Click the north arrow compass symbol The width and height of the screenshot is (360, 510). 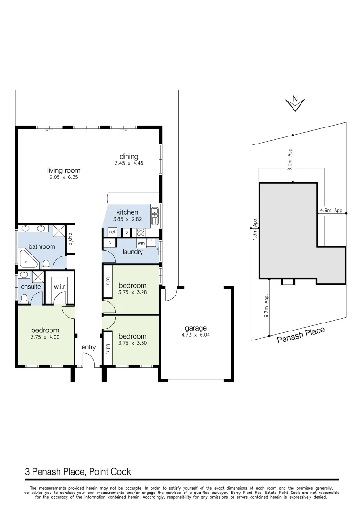(295, 103)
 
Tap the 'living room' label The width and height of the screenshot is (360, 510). (64, 170)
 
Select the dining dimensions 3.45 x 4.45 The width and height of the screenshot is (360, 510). (128, 163)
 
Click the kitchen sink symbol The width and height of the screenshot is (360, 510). (154, 217)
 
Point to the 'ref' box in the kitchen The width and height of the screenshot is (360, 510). (112, 232)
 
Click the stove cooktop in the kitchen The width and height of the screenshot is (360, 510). (141, 232)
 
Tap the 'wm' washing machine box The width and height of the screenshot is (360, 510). (141, 243)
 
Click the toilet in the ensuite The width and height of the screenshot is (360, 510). (25, 298)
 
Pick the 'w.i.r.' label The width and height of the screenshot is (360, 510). (59, 287)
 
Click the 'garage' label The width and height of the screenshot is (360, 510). (195, 329)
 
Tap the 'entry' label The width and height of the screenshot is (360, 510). (88, 347)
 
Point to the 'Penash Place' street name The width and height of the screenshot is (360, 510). (301, 335)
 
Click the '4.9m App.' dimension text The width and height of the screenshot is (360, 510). (332, 211)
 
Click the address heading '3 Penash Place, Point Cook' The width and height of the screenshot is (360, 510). (78, 471)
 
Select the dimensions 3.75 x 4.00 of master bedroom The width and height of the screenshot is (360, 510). (45, 337)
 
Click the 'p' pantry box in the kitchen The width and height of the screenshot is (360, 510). (126, 232)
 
